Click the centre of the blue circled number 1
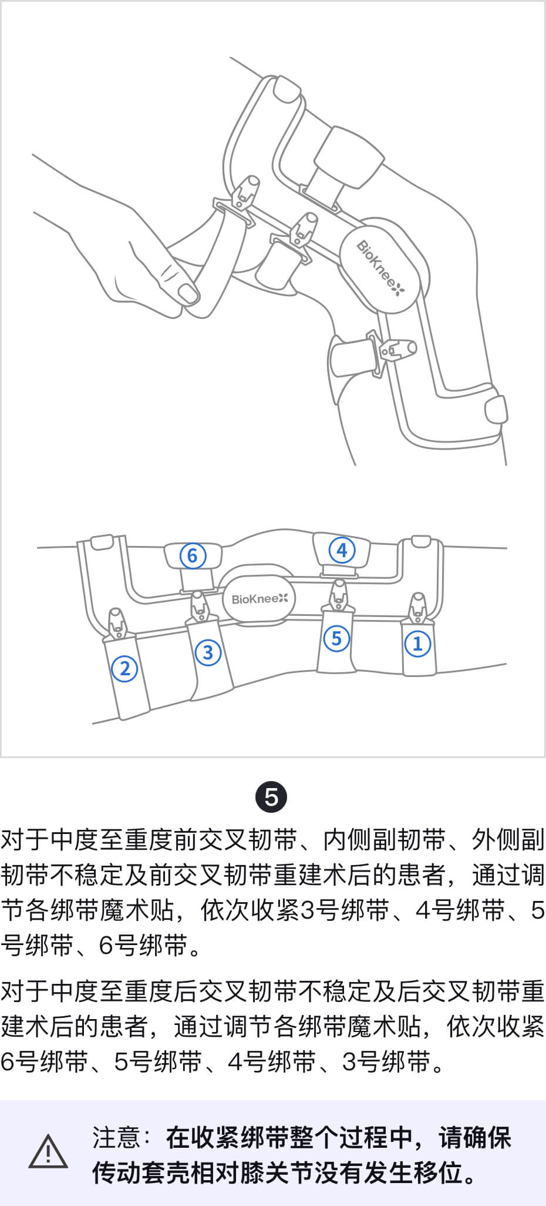tap(417, 643)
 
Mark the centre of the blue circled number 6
tap(193, 555)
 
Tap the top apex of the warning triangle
tap(48, 1135)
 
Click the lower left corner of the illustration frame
tap(1, 756)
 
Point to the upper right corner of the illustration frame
tap(544, 2)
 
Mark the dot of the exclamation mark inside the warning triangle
tap(48, 1160)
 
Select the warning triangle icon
tap(48, 1151)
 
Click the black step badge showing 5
tap(271, 798)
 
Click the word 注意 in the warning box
tap(117, 1137)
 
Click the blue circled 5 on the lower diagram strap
tap(336, 638)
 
